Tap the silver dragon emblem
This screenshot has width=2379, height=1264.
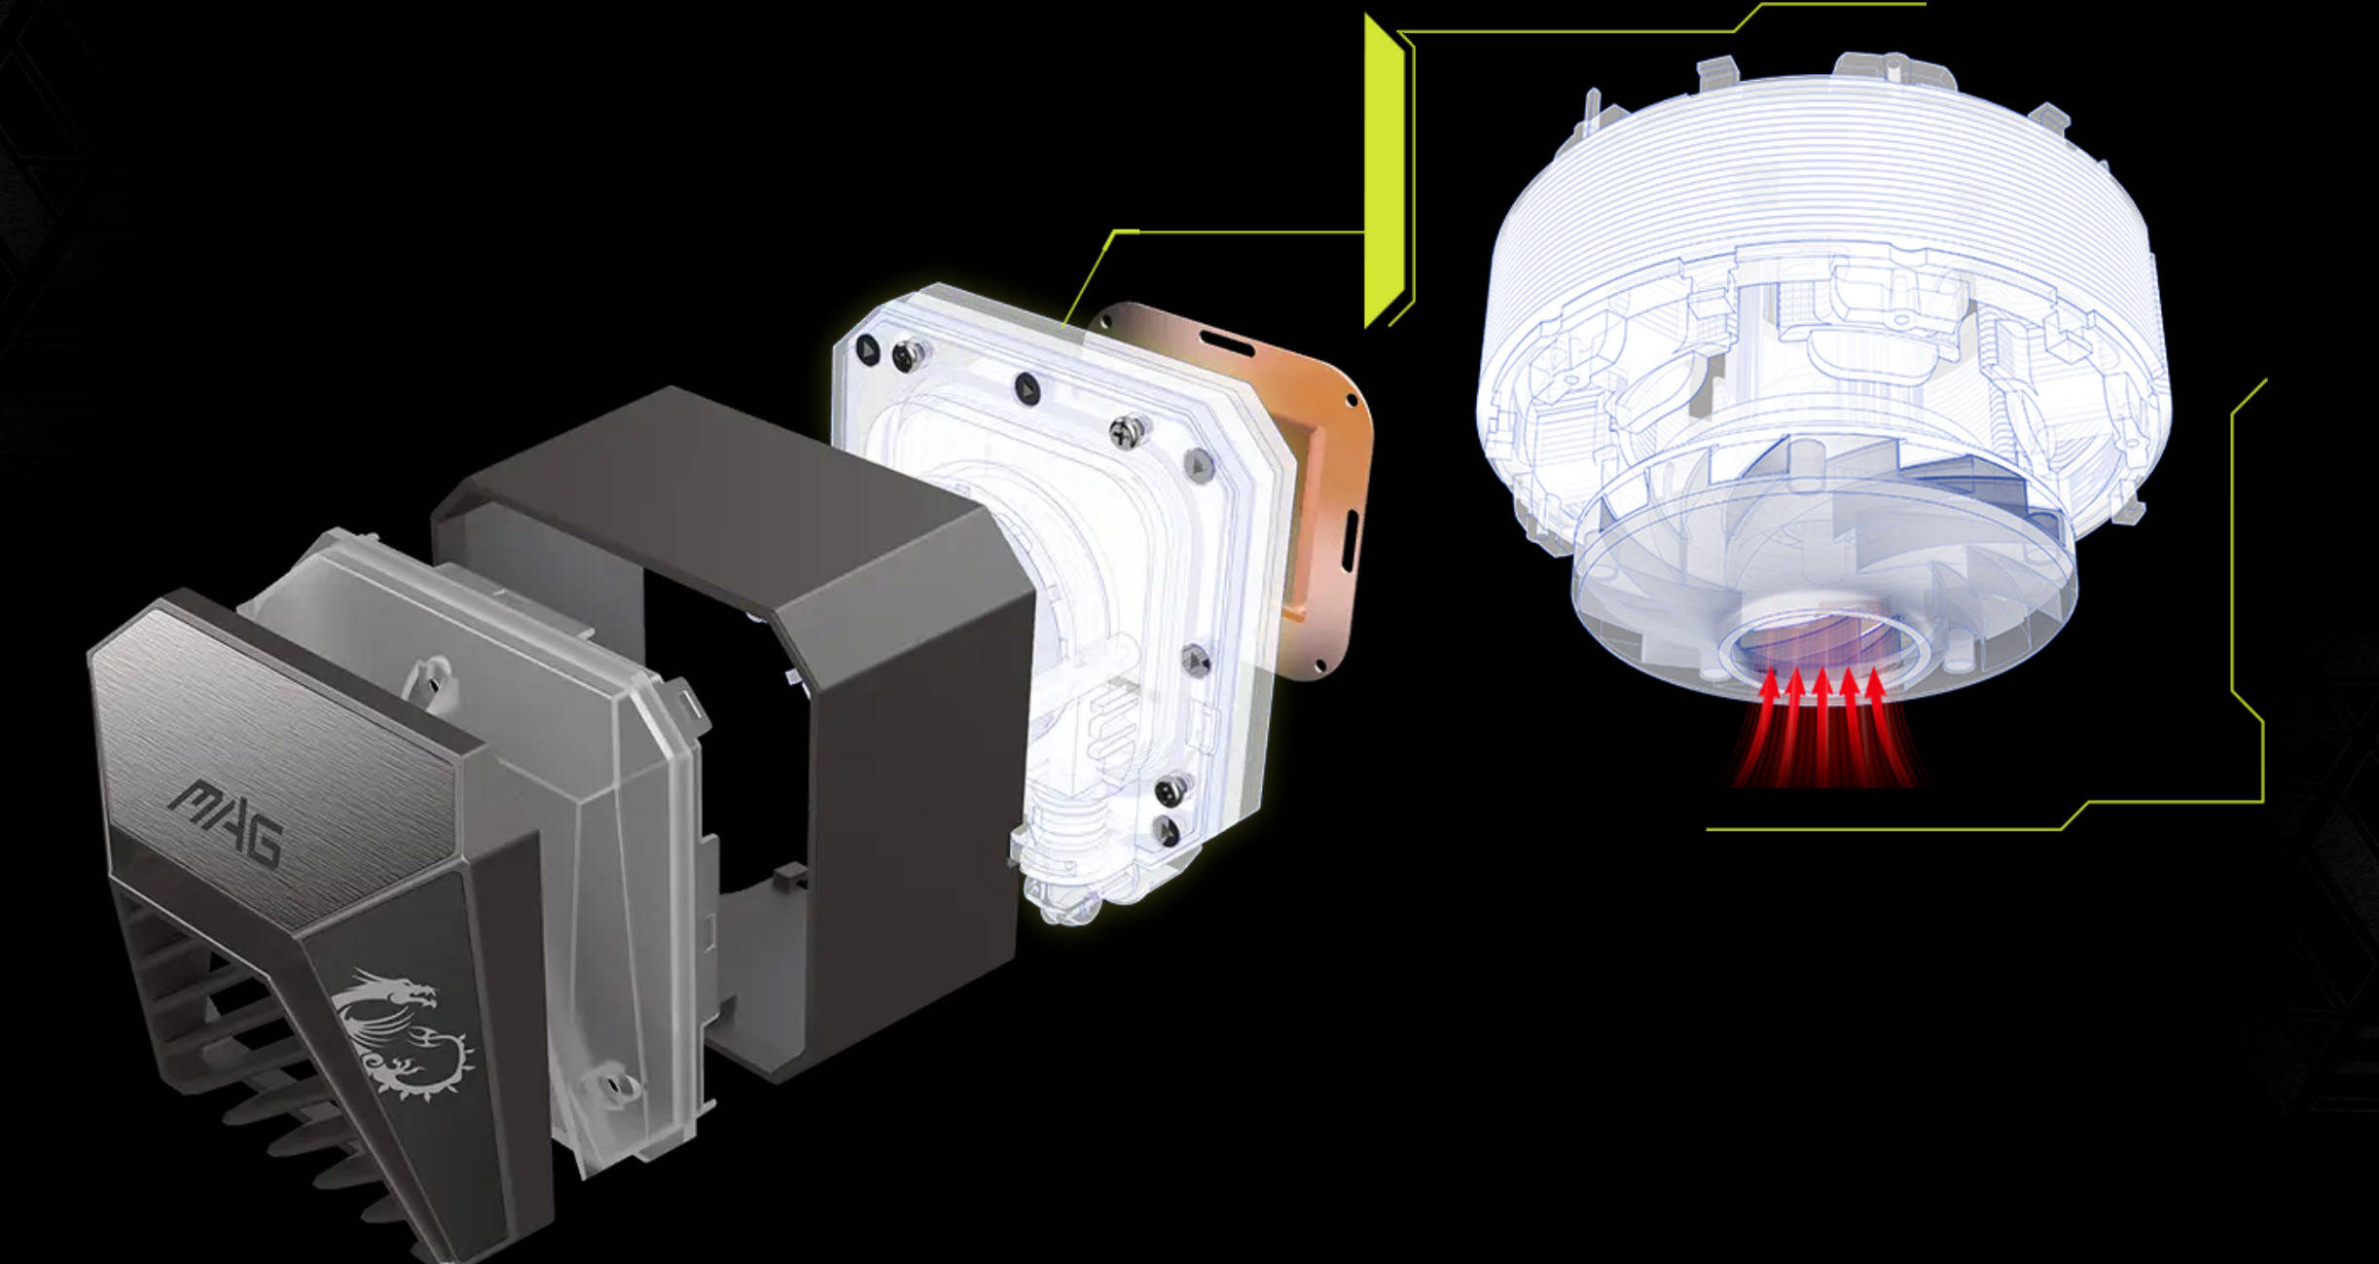(404, 1033)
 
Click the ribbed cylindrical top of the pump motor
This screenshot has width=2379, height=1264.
(1824, 165)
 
